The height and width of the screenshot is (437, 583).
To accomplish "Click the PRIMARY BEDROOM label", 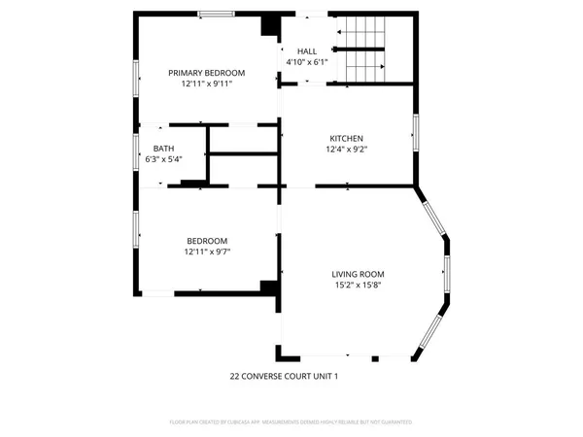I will click(206, 73).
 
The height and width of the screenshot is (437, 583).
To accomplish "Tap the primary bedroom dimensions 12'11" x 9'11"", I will click(206, 84).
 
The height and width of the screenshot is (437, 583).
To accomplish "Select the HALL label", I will click(307, 50).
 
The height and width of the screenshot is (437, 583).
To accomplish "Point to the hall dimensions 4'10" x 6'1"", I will click(307, 62).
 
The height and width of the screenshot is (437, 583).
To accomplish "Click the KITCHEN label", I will click(347, 138).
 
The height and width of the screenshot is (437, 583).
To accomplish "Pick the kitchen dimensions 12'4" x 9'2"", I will click(347, 150).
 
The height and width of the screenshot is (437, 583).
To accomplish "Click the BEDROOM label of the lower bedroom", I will click(207, 241).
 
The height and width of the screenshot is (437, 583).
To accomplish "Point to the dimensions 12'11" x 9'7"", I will click(207, 252).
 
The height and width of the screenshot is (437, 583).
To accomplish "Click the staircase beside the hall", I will click(361, 50).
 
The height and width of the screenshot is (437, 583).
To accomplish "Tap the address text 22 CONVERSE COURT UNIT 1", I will click(284, 375).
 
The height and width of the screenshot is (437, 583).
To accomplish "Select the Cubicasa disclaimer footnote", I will click(291, 422).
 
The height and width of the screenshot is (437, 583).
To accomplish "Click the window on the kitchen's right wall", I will click(415, 132).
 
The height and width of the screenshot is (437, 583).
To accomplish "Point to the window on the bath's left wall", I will click(137, 152).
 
